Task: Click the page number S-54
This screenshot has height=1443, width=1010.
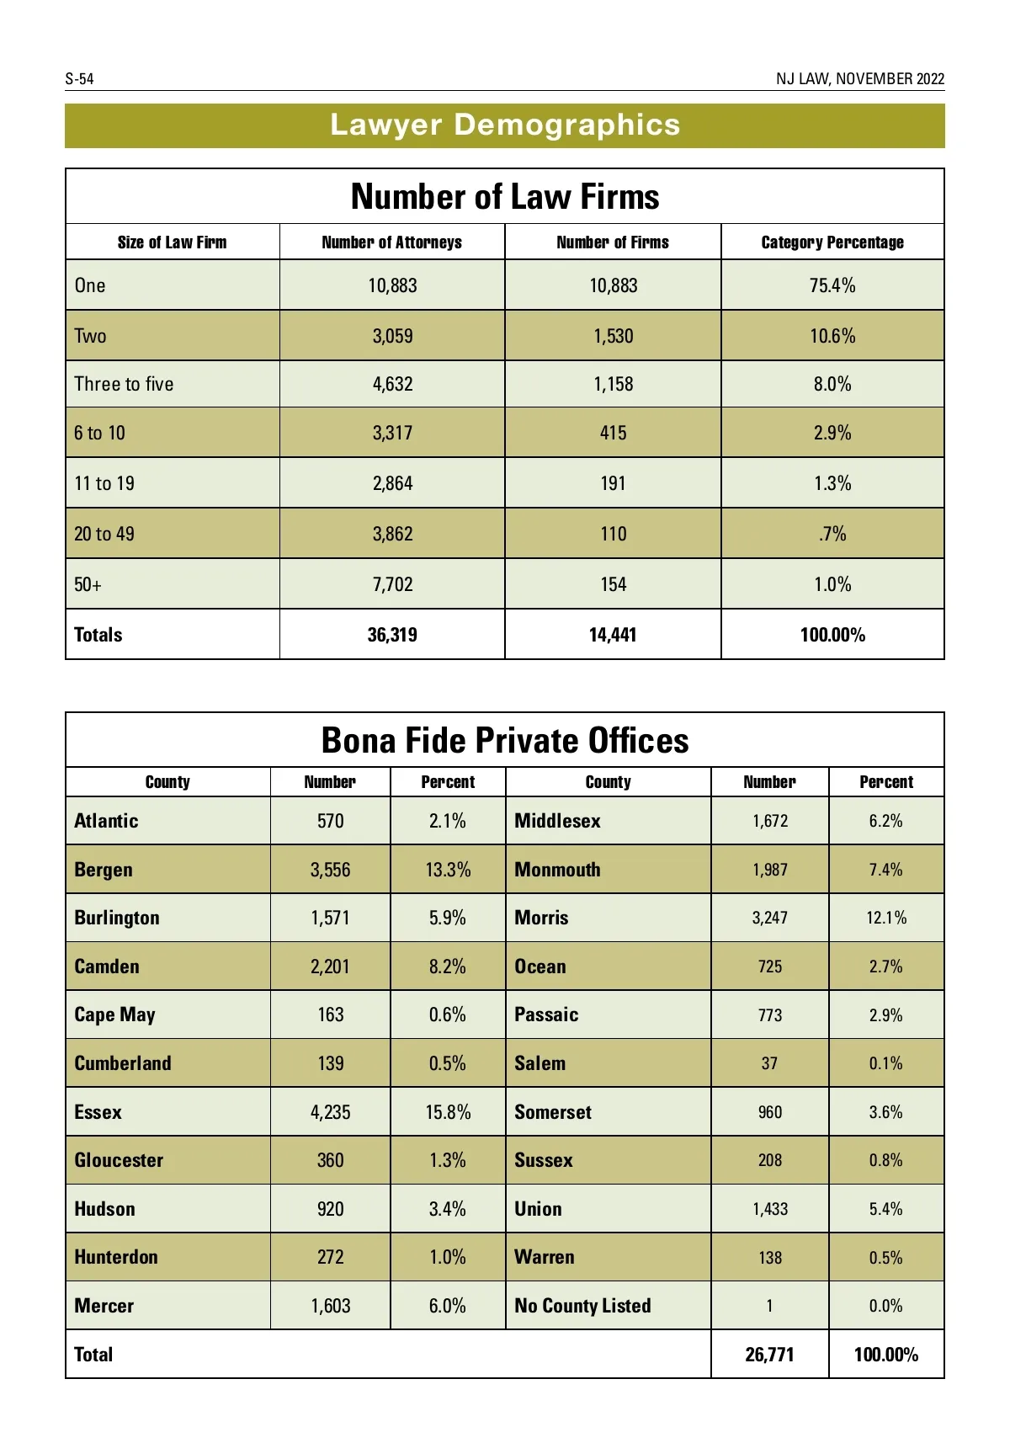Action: tap(79, 79)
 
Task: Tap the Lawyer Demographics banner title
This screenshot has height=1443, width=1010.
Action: tap(505, 125)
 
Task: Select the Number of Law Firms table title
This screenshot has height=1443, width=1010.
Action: tap(505, 197)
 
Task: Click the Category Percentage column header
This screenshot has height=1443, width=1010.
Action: tap(832, 242)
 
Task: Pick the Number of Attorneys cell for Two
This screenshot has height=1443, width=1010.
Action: tap(392, 336)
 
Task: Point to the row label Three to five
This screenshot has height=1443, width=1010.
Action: tap(124, 384)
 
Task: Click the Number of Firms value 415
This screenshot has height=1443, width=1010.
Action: tap(613, 433)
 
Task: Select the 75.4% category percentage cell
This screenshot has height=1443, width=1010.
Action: tap(832, 285)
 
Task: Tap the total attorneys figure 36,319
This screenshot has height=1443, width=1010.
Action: tap(392, 635)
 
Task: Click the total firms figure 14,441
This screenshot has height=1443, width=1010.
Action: tap(613, 635)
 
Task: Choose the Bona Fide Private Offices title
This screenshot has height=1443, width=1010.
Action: tap(505, 741)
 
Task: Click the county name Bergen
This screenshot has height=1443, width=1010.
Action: tap(104, 870)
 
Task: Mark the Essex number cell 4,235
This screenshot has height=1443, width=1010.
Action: tap(330, 1112)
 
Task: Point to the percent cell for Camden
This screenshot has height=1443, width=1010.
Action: tap(447, 966)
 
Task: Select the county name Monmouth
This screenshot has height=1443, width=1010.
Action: tap(557, 870)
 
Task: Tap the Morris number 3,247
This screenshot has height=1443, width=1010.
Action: tap(769, 918)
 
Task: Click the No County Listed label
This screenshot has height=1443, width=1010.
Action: tap(582, 1306)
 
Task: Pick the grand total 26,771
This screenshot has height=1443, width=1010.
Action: tap(769, 1355)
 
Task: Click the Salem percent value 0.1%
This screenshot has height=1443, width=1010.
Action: tap(885, 1063)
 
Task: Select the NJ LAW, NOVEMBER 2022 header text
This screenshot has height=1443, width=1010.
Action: tap(859, 79)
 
